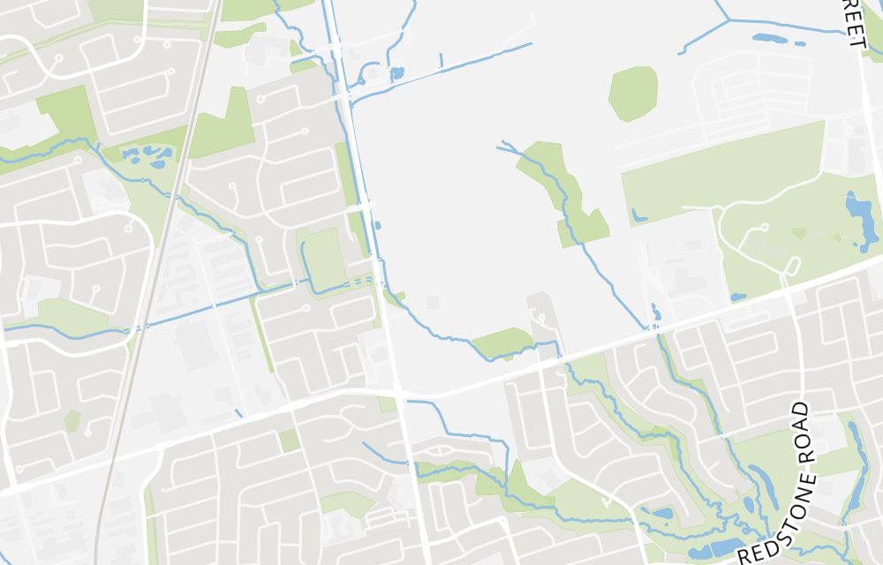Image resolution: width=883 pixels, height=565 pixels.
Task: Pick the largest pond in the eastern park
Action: point(857,217)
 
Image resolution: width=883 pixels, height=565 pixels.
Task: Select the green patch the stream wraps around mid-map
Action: point(502,343)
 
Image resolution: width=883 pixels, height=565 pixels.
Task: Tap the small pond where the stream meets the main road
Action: point(654,313)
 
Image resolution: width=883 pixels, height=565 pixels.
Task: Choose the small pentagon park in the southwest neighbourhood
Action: point(72,421)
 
